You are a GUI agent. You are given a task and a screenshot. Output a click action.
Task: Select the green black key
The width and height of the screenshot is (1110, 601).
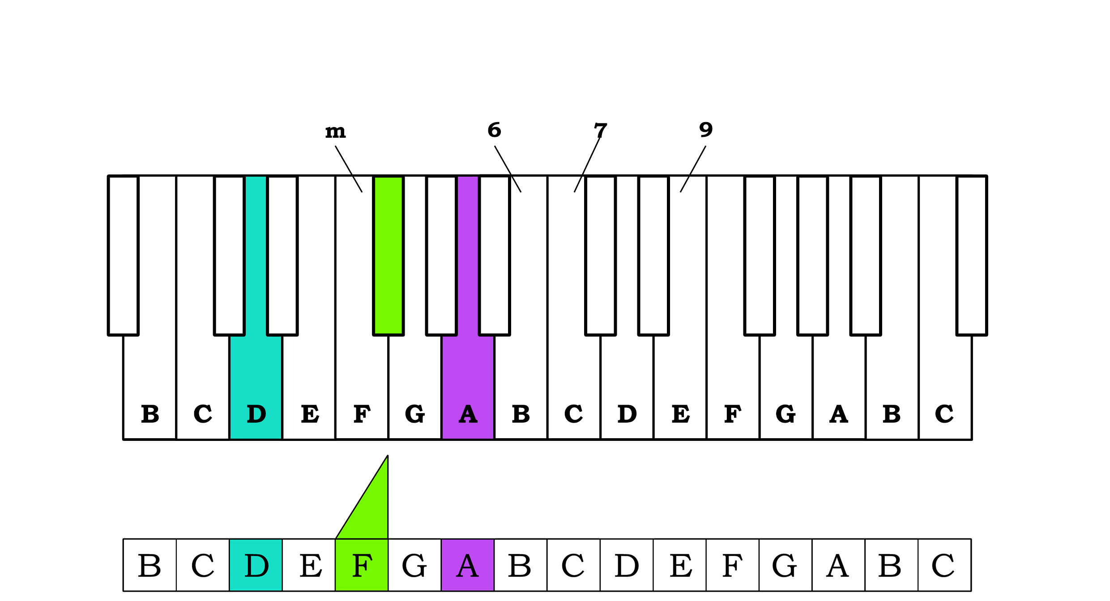coord(388,255)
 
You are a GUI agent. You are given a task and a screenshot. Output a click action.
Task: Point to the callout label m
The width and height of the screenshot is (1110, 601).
coord(335,131)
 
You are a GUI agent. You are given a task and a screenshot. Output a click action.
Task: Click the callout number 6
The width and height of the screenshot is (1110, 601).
coord(494,130)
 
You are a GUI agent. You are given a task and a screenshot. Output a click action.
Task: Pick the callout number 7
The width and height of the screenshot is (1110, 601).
coord(600,130)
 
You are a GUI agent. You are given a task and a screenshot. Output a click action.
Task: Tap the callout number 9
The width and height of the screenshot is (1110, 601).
coord(706,130)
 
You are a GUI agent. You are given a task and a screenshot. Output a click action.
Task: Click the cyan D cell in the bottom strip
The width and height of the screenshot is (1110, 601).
coord(256,565)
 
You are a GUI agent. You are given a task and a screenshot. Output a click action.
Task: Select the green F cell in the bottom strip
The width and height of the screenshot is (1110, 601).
coord(362,565)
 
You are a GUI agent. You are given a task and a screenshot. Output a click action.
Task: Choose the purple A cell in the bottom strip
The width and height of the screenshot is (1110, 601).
coord(468,565)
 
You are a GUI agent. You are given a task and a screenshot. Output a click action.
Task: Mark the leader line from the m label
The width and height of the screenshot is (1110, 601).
coord(349,169)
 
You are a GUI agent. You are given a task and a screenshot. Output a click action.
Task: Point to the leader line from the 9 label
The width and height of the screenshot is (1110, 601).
coord(693,169)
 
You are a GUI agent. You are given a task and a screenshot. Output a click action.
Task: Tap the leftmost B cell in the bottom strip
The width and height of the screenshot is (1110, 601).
coord(149,565)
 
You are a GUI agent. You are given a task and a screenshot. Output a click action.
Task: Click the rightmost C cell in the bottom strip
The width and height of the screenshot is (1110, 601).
coord(944,565)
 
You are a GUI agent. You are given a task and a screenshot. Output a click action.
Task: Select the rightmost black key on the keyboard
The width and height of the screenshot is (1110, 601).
coord(972,255)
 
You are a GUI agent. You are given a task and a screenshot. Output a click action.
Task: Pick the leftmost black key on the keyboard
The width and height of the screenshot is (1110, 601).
coord(123,255)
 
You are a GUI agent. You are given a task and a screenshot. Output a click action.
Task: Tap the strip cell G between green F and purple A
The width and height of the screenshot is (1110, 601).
coord(414,565)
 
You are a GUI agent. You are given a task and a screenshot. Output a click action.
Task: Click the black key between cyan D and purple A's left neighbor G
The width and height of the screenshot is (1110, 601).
coord(282,255)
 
